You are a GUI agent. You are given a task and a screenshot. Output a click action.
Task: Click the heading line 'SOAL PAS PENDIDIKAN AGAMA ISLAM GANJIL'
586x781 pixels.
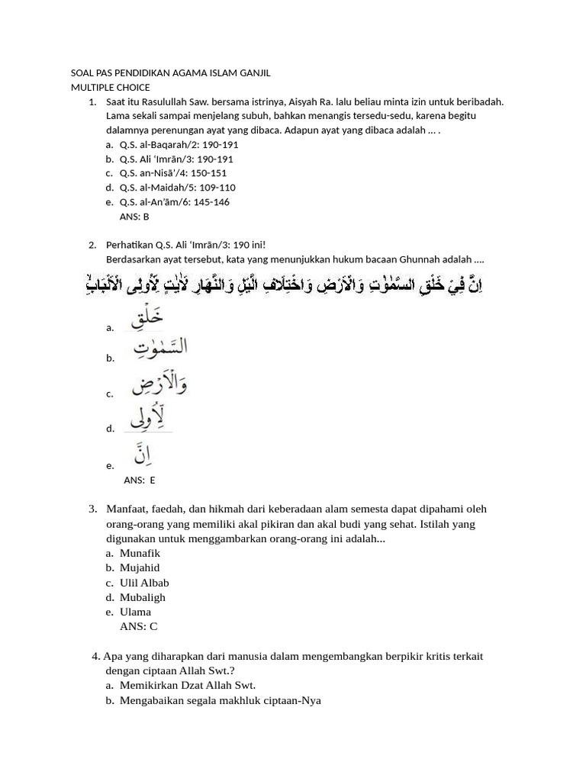(x=170, y=73)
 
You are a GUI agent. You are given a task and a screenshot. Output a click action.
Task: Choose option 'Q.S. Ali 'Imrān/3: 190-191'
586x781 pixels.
(x=176, y=159)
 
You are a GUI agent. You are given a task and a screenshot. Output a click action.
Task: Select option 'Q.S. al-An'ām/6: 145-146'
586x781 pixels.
(x=174, y=202)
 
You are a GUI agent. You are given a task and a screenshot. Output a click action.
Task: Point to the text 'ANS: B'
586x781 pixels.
(x=135, y=217)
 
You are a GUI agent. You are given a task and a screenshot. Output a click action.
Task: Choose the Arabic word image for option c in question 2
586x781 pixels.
(x=159, y=384)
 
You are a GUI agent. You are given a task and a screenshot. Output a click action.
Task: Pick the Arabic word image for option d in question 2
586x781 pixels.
(x=149, y=419)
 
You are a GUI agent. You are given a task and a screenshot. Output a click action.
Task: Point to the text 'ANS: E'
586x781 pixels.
(x=140, y=480)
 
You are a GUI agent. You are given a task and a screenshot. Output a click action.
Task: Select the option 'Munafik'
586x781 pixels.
(x=140, y=553)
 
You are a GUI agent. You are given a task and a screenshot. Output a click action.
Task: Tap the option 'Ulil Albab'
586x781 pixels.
(x=144, y=583)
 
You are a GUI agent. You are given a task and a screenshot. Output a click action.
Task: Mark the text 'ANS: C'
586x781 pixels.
(x=139, y=626)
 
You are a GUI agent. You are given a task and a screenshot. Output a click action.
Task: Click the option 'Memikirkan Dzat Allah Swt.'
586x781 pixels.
(x=187, y=685)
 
